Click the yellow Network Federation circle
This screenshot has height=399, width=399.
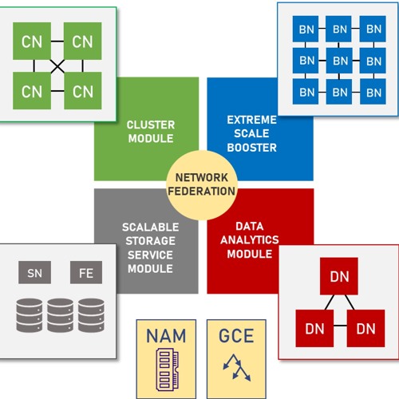click(201, 184)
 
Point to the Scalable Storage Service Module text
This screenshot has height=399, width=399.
click(149, 247)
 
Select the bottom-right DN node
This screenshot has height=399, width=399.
click(365, 328)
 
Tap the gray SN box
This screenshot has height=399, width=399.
click(34, 273)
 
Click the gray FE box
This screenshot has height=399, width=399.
click(85, 273)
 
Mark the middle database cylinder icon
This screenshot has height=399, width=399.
click(60, 315)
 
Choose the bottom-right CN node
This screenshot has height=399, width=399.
click(83, 91)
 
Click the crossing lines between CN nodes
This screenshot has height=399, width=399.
click(57, 65)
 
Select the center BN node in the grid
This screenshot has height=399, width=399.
click(340, 60)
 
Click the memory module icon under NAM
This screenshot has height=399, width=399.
click(166, 363)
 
